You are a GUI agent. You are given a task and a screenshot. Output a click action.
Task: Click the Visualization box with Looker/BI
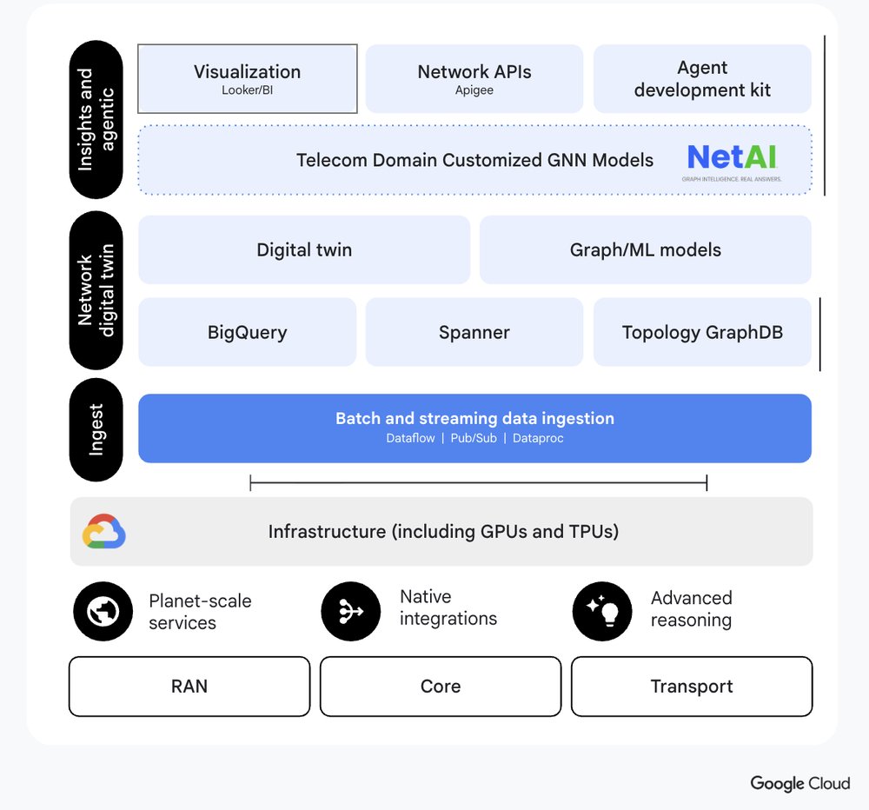(248, 79)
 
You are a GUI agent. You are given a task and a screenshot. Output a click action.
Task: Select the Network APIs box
(474, 79)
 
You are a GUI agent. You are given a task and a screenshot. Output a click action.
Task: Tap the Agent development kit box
(702, 79)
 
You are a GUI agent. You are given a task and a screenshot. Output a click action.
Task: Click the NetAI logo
(732, 161)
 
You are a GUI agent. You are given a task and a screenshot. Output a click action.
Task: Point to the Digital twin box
(304, 250)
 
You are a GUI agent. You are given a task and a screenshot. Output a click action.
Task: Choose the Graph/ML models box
(645, 250)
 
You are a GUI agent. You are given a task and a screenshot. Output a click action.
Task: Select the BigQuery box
(248, 332)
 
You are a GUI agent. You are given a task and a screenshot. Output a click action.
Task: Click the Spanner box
(474, 332)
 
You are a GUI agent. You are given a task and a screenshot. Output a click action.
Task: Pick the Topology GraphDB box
(702, 332)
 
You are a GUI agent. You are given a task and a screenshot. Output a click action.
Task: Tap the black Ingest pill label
(96, 429)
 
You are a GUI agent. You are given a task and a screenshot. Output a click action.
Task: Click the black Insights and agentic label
(96, 120)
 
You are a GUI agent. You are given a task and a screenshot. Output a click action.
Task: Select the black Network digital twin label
(96, 290)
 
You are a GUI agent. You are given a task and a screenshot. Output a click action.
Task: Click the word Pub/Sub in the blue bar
(474, 438)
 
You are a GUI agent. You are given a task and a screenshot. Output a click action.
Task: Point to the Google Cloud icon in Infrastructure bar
(104, 532)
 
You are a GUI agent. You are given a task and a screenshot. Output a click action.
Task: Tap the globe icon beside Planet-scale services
(103, 612)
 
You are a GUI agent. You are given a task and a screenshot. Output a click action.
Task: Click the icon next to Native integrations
(351, 612)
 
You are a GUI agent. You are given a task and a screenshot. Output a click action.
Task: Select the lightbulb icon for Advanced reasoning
(602, 612)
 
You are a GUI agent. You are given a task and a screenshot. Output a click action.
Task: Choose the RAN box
(189, 687)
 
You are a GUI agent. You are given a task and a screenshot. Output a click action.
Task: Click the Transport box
(692, 687)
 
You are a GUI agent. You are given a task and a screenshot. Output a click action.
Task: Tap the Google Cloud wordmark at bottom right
(800, 783)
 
